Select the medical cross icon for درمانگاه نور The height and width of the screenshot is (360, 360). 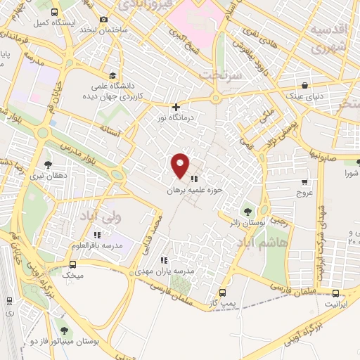point(176,107)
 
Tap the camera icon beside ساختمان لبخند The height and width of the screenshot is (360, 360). point(104,19)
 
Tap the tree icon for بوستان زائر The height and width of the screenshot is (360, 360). point(247,210)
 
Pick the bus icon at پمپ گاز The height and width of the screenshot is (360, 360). point(223,292)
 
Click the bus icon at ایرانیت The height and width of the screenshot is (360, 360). point(335,293)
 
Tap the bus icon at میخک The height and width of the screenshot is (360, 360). point(73,264)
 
